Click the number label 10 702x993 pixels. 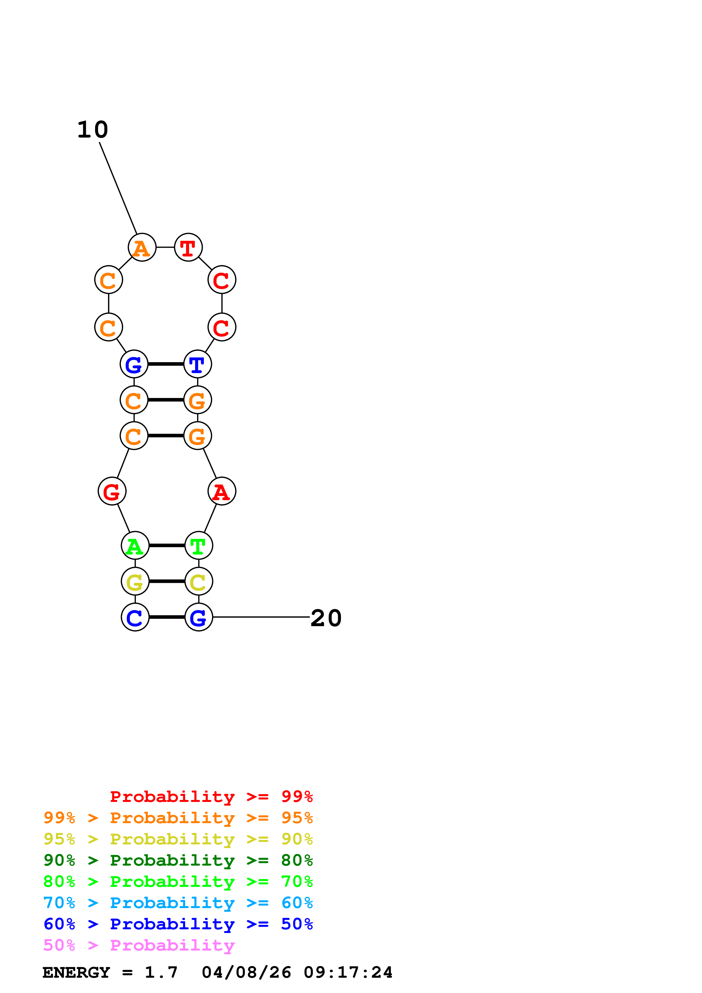click(93, 130)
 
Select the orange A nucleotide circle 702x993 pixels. click(142, 247)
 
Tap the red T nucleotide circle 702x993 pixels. click(188, 247)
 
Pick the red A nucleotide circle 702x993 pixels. click(221, 491)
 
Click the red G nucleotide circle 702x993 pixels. click(112, 491)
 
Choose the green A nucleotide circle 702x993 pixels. click(135, 545)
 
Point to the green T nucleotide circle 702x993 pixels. click(199, 545)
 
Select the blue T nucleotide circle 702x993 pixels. click(198, 364)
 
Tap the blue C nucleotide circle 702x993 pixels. click(135, 617)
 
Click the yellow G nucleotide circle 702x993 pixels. click(135, 581)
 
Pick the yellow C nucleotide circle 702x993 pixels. click(199, 581)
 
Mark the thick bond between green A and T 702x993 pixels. click(167, 545)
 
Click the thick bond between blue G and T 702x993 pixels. click(166, 364)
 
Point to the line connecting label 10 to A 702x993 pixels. click(118, 188)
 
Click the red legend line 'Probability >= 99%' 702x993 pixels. click(211, 796)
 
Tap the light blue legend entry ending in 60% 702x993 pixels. click(178, 903)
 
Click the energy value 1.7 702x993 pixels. click(161, 972)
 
